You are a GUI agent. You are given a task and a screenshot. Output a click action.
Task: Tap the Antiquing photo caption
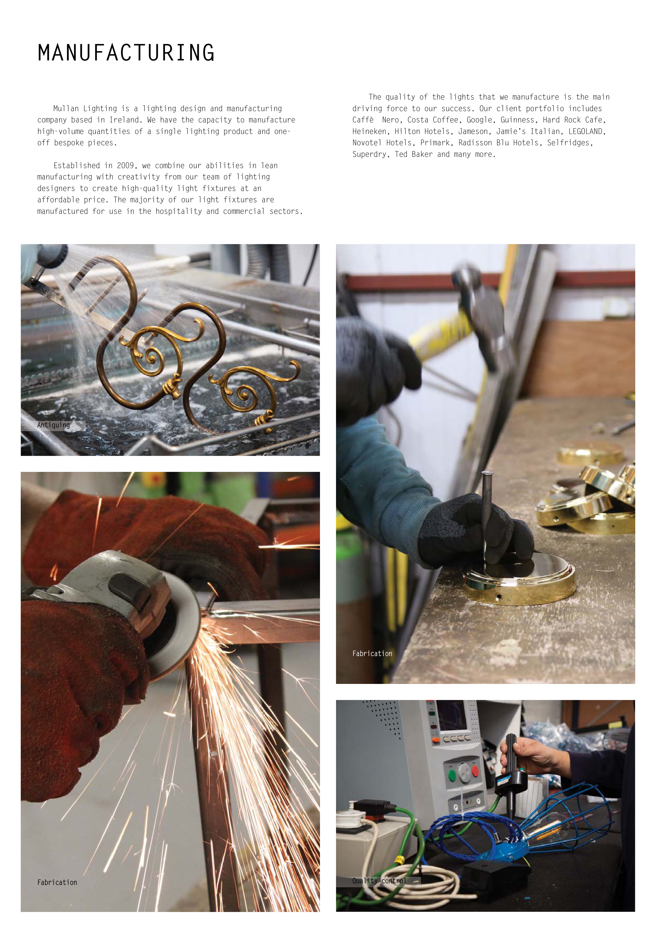tap(53, 425)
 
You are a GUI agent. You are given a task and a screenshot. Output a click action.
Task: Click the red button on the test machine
tap(475, 771)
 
